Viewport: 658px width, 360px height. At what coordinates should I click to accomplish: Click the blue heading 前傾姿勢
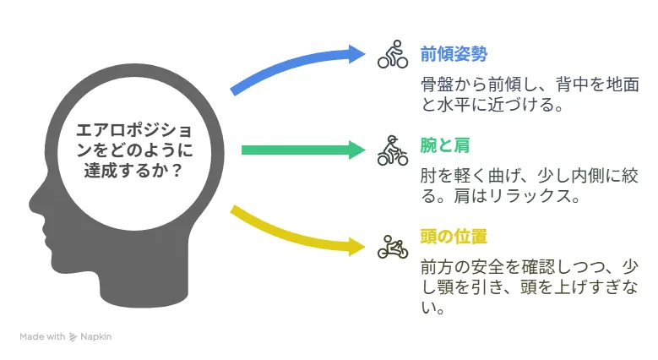pos(454,55)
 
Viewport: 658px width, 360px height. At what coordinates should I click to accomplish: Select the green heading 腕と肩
pos(445,145)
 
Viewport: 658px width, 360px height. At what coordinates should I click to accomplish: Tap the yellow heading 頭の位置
pos(454,237)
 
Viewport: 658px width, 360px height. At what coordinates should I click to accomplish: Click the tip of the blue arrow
pos(365,53)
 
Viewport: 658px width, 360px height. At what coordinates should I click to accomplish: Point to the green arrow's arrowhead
pos(357,150)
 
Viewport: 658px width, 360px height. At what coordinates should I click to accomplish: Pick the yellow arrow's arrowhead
pos(357,246)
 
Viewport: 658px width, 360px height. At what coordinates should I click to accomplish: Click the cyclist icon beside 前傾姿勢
pos(393,54)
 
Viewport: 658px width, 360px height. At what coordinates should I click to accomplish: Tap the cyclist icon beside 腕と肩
pos(393,150)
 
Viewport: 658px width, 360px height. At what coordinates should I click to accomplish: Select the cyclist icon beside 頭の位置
pos(393,247)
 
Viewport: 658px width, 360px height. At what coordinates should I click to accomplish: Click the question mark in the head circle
pos(177,171)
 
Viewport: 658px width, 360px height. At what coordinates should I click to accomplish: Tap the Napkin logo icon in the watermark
pos(73,337)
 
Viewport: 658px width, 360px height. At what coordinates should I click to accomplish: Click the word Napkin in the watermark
pos(95,337)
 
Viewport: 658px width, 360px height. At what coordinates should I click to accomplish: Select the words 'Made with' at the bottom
pos(42,337)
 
